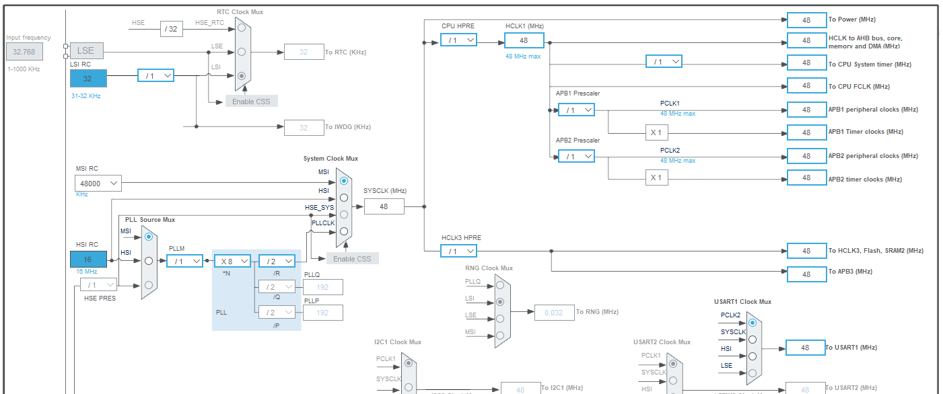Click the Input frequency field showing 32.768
tap(25, 51)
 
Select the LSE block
tap(86, 50)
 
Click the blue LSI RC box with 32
tap(88, 78)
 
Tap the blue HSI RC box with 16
tap(88, 259)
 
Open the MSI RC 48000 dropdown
tap(98, 183)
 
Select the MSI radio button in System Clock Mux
tap(344, 180)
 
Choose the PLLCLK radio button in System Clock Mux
tap(344, 231)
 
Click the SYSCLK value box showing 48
tap(384, 206)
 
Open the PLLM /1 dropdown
tap(184, 261)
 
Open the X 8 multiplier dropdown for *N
tap(232, 261)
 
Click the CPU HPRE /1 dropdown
tap(458, 40)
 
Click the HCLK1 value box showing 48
tap(524, 40)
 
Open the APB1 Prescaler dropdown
tap(576, 110)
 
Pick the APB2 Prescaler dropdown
tap(576, 156)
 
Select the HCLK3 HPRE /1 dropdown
tap(458, 251)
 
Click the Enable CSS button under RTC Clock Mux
tap(252, 101)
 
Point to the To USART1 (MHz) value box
tap(806, 348)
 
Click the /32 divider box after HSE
tap(171, 28)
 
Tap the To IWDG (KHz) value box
tap(304, 127)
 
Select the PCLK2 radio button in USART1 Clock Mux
tap(753, 323)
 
